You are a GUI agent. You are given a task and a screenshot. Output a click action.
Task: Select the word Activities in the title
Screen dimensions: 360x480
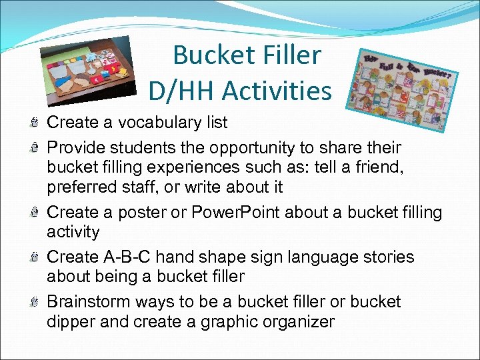[277, 90]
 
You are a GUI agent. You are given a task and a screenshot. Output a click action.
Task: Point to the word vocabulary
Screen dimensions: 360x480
[152, 123]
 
